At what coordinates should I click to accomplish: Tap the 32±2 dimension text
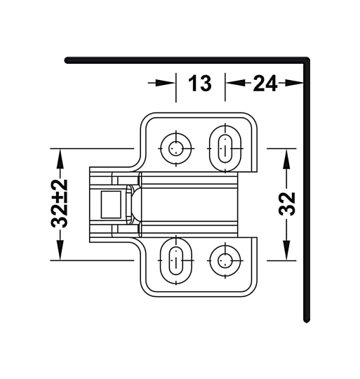pyautogui.click(x=60, y=204)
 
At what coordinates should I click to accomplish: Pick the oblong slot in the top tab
pyautogui.click(x=225, y=146)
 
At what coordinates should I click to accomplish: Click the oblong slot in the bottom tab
pyautogui.click(x=174, y=261)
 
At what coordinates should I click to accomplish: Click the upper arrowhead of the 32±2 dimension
pyautogui.click(x=60, y=155)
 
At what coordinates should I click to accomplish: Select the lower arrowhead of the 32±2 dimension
pyautogui.click(x=60, y=253)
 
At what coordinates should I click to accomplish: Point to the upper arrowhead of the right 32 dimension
pyautogui.click(x=286, y=156)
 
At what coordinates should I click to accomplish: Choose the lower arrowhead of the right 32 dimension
pyautogui.click(x=286, y=253)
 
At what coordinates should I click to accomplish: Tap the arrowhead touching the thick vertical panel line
pyautogui.click(x=300, y=84)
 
